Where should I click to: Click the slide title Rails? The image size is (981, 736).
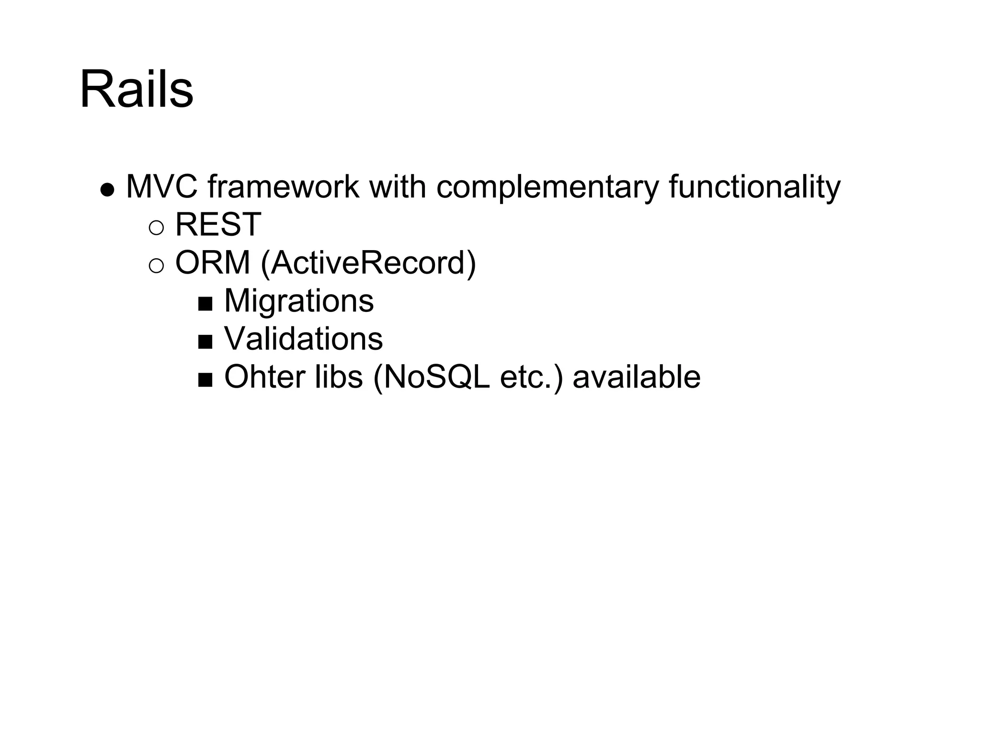[x=137, y=90]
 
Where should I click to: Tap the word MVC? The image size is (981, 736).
[x=161, y=187]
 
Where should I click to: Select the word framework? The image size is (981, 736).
[x=283, y=187]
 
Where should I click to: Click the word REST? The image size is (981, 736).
[x=218, y=225]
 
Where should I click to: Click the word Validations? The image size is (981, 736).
[x=304, y=339]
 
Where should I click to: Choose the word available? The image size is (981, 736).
[x=637, y=377]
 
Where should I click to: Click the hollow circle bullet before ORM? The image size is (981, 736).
[x=157, y=266]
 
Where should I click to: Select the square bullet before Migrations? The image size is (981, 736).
[x=205, y=304]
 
